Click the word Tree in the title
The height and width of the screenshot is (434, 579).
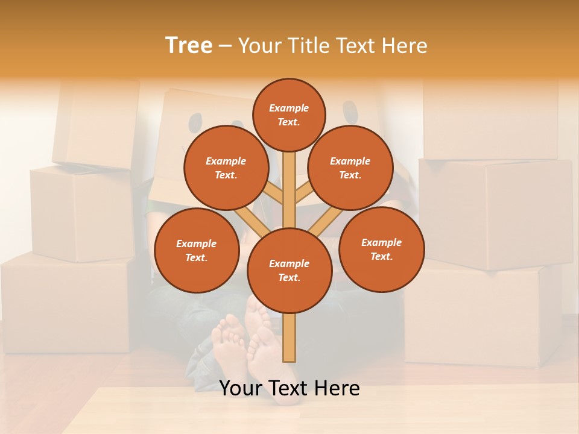point(188,45)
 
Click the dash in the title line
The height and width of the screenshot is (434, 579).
point(225,46)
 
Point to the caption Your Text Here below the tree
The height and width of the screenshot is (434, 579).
point(289,388)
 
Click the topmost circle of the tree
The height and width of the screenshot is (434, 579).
point(289,115)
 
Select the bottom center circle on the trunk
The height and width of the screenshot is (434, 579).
point(289,271)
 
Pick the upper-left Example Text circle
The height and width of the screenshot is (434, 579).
point(226,168)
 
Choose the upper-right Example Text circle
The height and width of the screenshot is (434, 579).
point(350,168)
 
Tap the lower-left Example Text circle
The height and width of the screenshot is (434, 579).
point(197,251)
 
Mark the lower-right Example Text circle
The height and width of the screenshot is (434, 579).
point(381,250)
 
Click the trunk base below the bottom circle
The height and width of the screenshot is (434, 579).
point(289,338)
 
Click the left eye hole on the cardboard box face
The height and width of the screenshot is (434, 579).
point(195,123)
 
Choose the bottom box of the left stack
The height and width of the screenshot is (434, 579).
point(66,304)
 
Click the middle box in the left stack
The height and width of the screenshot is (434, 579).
point(81,214)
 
